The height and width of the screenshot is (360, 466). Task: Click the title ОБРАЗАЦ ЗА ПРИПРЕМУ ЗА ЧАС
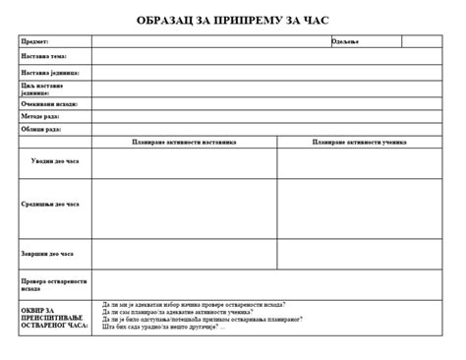tap(233, 20)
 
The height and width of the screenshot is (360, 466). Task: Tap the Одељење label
tap(346, 41)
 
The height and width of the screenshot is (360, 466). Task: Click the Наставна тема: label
tap(43, 56)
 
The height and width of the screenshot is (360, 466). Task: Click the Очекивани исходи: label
tap(48, 103)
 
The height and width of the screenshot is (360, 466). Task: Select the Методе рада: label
tap(40, 116)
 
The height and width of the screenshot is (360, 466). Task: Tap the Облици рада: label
tap(40, 129)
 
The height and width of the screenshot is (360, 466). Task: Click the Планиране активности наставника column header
tap(185, 142)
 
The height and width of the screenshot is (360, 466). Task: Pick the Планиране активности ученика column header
tap(359, 142)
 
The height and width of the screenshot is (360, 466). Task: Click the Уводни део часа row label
tap(55, 160)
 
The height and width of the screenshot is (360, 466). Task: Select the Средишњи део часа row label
tap(50, 205)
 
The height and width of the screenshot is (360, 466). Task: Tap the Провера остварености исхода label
tap(54, 284)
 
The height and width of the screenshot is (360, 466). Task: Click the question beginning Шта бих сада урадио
tap(163, 327)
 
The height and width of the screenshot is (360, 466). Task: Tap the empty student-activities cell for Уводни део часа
tap(359, 162)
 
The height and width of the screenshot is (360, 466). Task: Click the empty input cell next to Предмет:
tap(210, 41)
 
